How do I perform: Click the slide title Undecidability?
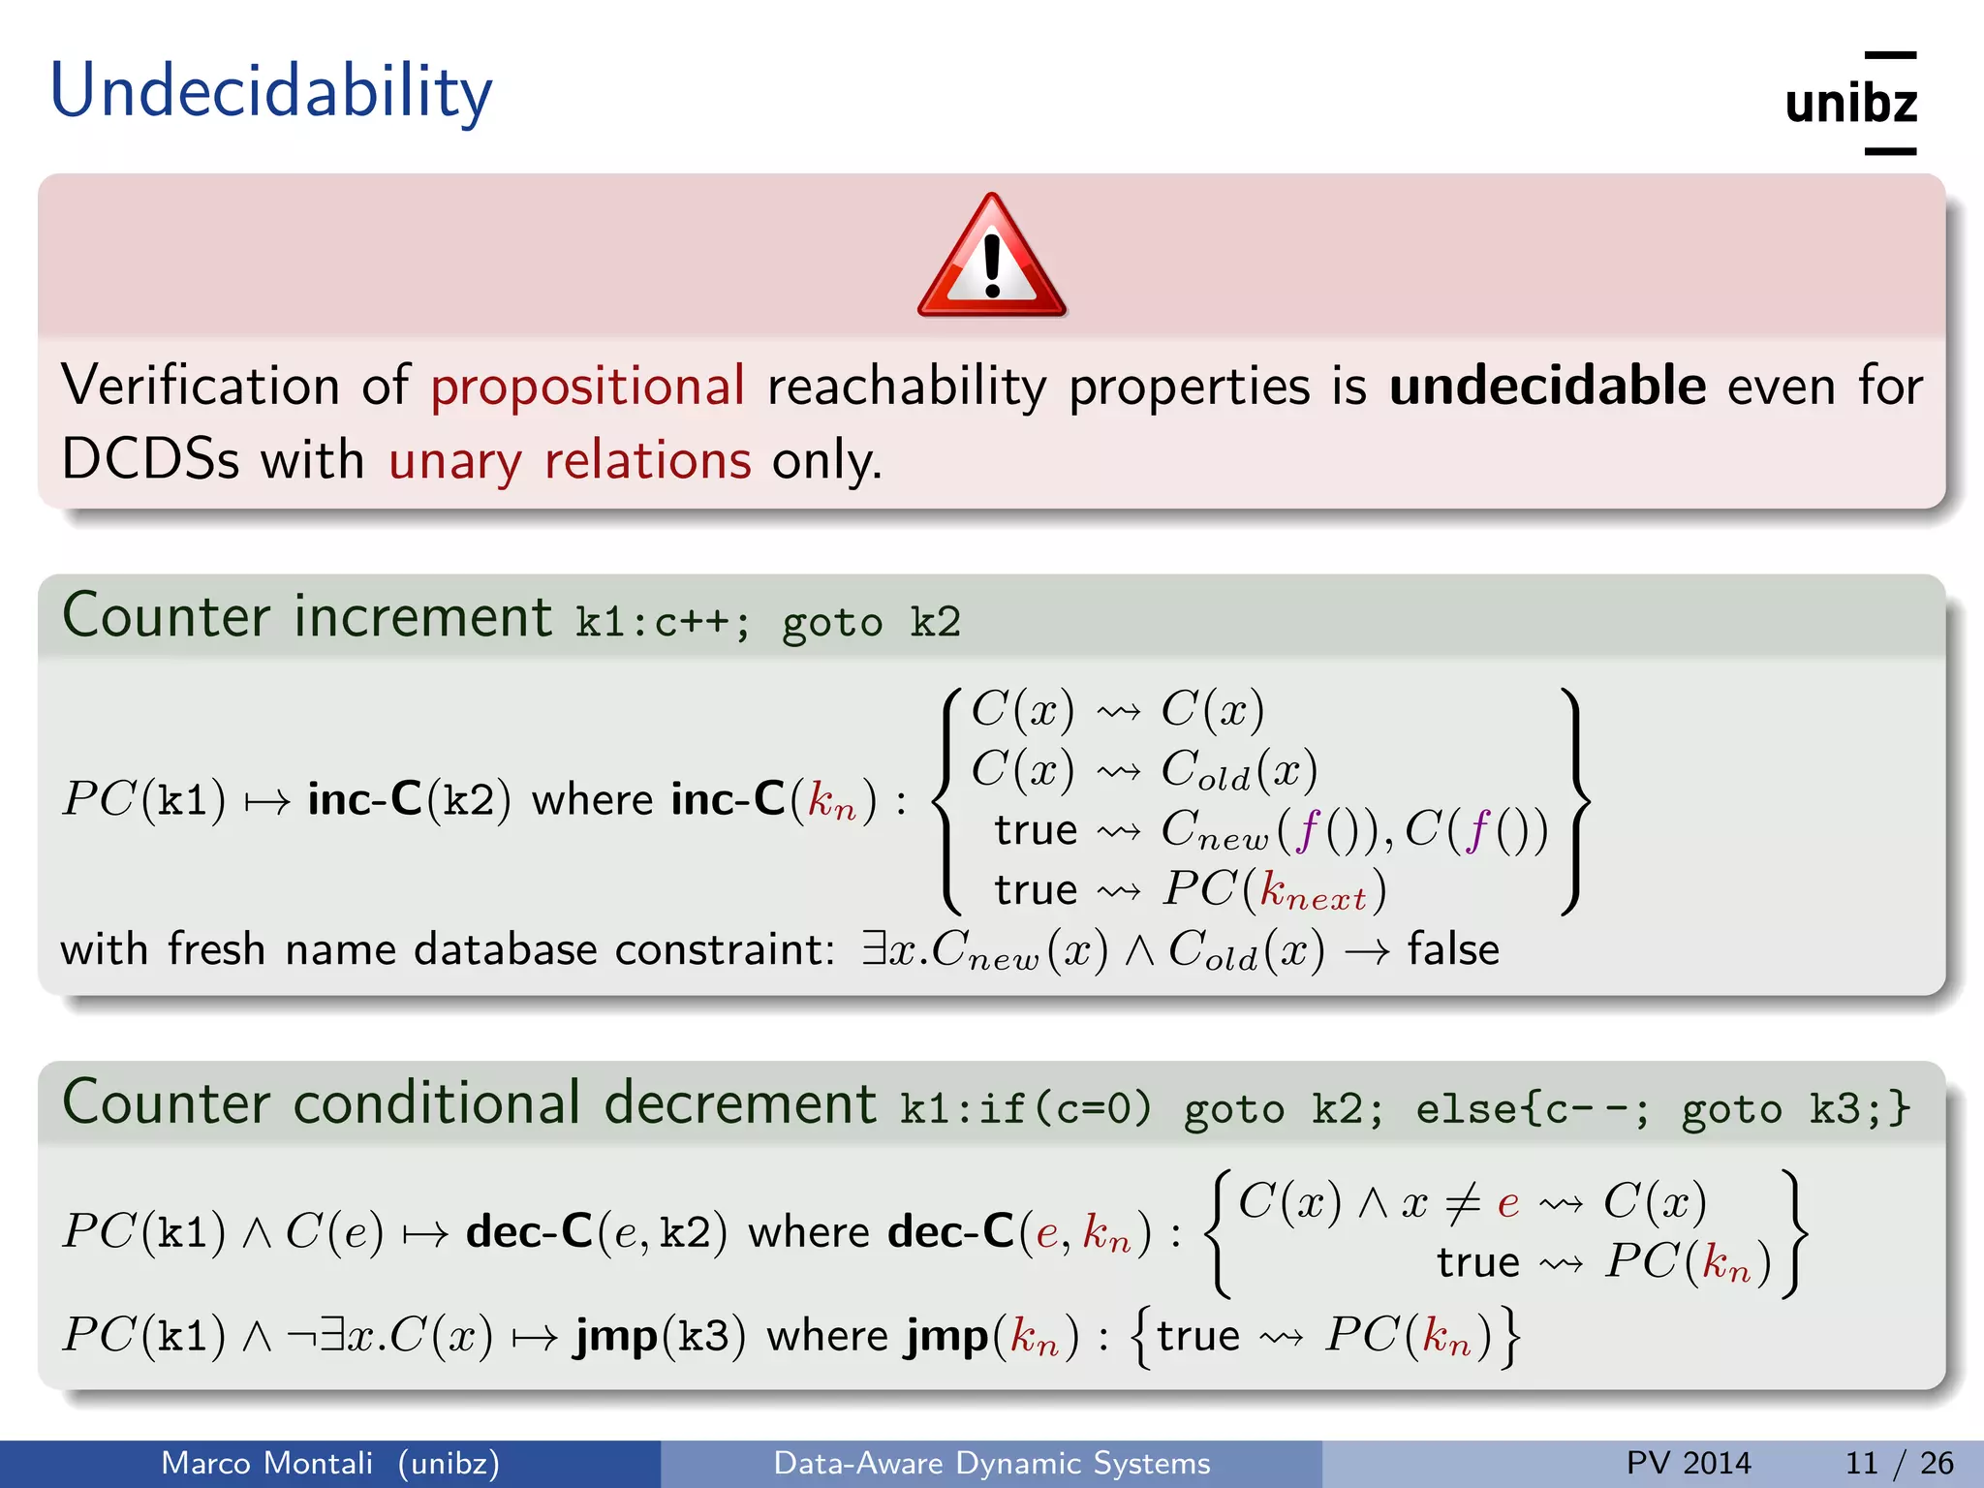pyautogui.click(x=271, y=92)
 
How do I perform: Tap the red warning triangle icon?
pyautogui.click(x=991, y=258)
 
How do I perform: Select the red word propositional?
pyautogui.click(x=587, y=387)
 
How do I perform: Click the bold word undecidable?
pyautogui.click(x=1547, y=386)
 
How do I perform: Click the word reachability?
pyautogui.click(x=907, y=387)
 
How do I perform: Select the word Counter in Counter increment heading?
pyautogui.click(x=166, y=616)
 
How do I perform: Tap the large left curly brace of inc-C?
pyautogui.click(x=947, y=800)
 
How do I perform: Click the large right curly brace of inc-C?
pyautogui.click(x=1574, y=800)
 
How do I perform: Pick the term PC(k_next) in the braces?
pyautogui.click(x=1275, y=890)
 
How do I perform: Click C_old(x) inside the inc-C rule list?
pyautogui.click(x=1239, y=770)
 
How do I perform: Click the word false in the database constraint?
pyautogui.click(x=1452, y=949)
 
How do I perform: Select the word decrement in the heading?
pyautogui.click(x=740, y=1103)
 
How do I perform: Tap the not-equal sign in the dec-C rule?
pyautogui.click(x=1462, y=1203)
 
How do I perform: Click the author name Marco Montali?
pyautogui.click(x=266, y=1463)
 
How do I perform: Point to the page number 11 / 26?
pyautogui.click(x=1899, y=1463)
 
